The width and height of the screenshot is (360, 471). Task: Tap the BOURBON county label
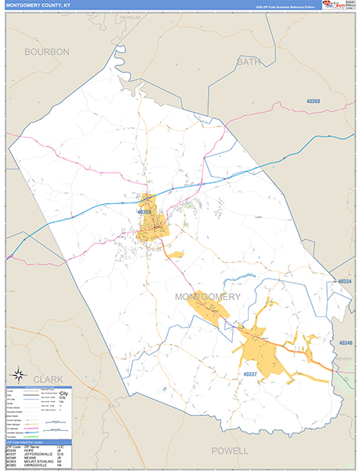(46, 51)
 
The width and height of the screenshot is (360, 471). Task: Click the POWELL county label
(230, 451)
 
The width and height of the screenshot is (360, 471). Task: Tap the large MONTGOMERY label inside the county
(207, 297)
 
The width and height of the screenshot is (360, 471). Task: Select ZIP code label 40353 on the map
(144, 212)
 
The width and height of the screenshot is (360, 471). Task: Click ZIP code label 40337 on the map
(249, 374)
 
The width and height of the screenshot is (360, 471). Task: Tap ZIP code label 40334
(345, 281)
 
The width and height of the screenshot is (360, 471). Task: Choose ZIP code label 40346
(346, 343)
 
